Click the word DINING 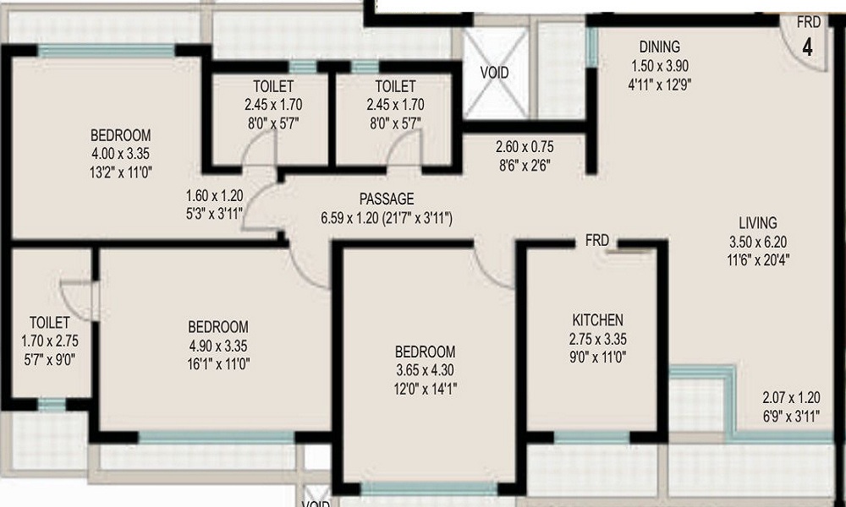[x=659, y=47]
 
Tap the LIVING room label [x=757, y=223]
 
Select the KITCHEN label [x=597, y=320]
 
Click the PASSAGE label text [x=387, y=199]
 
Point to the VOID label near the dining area [x=495, y=73]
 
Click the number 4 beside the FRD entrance [x=807, y=46]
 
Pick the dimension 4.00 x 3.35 [x=121, y=153]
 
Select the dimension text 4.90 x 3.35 [x=217, y=346]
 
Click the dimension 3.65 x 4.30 [x=425, y=370]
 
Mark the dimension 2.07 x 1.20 [x=792, y=397]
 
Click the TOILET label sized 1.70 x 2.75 [x=49, y=322]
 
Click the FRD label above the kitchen [x=597, y=241]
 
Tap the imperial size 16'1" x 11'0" [x=217, y=364]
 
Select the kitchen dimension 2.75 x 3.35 [x=597, y=339]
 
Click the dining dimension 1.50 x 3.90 [x=659, y=66]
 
